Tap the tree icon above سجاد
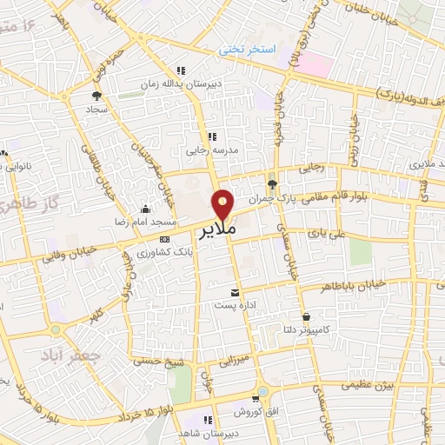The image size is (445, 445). tap(96, 96)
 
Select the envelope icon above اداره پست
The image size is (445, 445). tap(235, 292)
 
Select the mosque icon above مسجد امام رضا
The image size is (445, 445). tap(144, 209)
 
